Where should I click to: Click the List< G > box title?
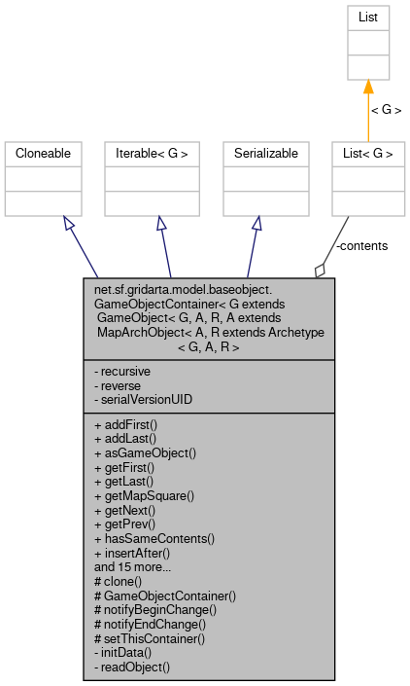tap(368, 154)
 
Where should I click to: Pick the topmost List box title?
tap(368, 18)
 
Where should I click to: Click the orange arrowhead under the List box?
tap(368, 88)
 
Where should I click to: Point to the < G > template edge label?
tap(385, 110)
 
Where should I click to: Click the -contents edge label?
tap(361, 246)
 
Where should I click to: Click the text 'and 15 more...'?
tap(134, 564)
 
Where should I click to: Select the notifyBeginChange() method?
tap(154, 609)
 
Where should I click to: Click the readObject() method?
tap(132, 667)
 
